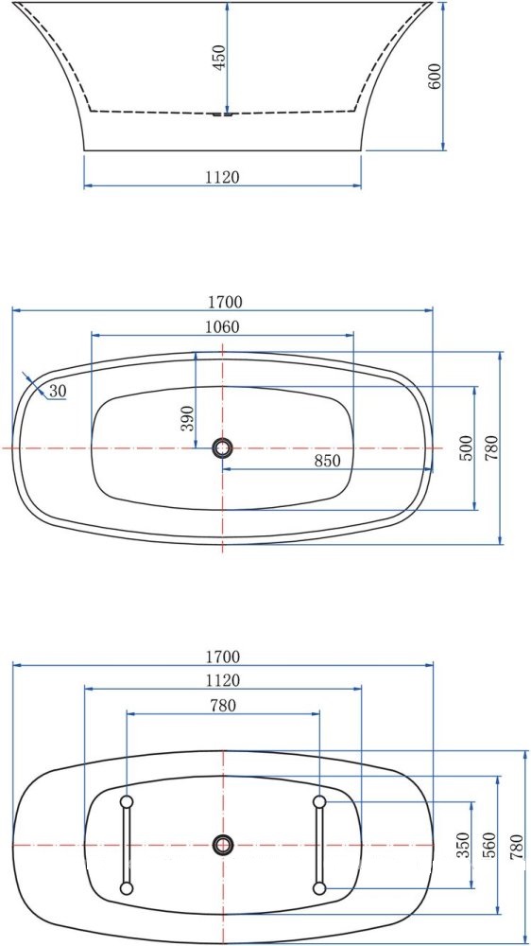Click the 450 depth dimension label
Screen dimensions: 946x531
click(219, 60)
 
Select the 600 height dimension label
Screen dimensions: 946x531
click(435, 77)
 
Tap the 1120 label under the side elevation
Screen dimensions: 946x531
click(223, 177)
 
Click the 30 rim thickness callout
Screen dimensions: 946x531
click(58, 391)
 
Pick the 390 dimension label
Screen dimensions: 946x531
click(187, 417)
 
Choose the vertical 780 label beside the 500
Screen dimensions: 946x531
click(492, 448)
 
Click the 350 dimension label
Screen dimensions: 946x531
click(463, 844)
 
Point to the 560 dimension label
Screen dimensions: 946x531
click(488, 844)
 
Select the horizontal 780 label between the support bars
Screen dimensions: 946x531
click(223, 705)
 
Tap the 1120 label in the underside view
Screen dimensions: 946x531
click(223, 680)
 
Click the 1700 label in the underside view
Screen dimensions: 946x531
click(223, 657)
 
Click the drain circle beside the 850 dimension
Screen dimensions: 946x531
click(222, 447)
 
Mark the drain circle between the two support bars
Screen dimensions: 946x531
click(223, 844)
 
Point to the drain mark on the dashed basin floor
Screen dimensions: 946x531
click(223, 114)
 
